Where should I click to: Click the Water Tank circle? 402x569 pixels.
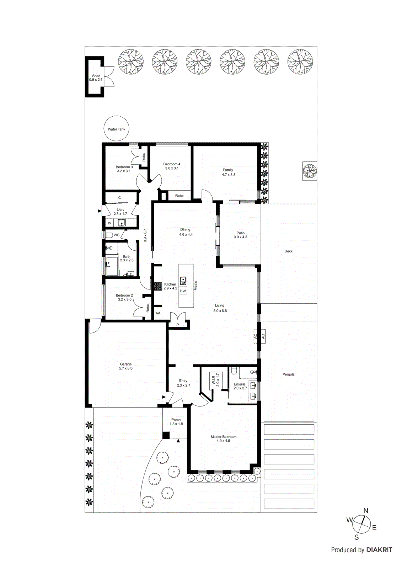point(117,129)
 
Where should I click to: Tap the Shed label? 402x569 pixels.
point(96,76)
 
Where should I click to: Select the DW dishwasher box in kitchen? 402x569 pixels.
point(183,291)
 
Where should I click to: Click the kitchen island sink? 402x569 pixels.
point(183,281)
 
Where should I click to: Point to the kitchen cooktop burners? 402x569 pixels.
point(157,286)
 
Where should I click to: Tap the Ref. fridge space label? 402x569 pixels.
point(158,313)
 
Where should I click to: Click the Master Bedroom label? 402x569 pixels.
point(223,437)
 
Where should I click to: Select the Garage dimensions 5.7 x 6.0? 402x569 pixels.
point(125,368)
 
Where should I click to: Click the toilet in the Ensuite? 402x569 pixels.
point(234,371)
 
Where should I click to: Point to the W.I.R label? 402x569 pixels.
point(214,380)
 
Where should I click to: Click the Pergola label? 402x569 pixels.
point(288,374)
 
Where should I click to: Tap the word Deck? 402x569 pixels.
point(288,251)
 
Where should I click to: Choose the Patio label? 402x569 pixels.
point(240,233)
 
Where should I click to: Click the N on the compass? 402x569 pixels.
point(366,511)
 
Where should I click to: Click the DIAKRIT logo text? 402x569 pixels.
point(379,550)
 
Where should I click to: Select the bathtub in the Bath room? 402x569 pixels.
point(112,266)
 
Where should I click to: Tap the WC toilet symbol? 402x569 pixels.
point(109,235)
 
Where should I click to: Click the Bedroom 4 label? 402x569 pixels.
point(172,164)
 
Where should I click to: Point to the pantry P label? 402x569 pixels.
point(177,325)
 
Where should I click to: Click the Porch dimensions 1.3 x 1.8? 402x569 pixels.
point(176,424)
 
